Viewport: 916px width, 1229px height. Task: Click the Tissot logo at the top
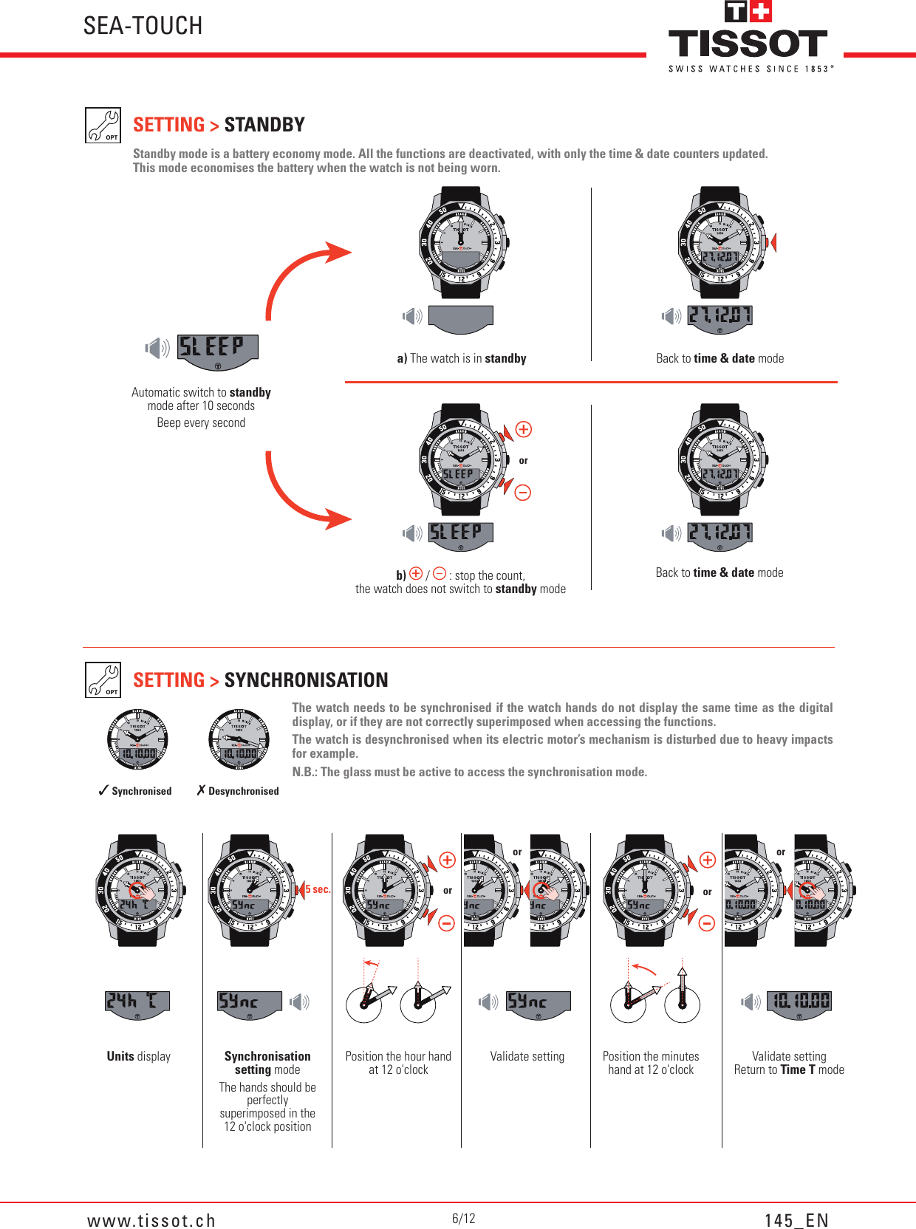pos(749,37)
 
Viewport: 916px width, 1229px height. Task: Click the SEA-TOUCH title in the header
pos(143,26)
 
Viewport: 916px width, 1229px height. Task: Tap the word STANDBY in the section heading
pos(264,125)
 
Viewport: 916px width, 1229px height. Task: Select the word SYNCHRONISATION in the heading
pos(306,679)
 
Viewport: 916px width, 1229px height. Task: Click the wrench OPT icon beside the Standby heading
pos(103,125)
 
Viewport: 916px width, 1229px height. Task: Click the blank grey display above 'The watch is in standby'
pos(460,318)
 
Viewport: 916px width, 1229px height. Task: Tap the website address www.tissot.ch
pos(151,1220)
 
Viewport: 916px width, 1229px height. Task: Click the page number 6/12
pos(464,1218)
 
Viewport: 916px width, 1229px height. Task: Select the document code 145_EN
pos(796,1220)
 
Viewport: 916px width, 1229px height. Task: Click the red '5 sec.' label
pos(318,889)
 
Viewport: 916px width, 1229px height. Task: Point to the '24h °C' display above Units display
pos(137,1002)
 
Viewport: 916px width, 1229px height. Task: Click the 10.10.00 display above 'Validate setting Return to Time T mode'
pos(799,1002)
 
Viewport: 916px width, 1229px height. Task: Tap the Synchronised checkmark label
pos(135,791)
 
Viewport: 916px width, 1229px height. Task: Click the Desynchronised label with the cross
pos(238,791)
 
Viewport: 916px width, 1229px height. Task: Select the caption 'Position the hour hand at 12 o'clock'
pos(398,1063)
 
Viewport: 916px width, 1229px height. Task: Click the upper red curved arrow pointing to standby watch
pos(303,273)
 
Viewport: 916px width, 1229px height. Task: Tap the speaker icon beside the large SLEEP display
pos(157,348)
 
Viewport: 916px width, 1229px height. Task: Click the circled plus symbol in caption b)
pos(416,574)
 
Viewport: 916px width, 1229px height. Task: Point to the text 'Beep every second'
pos(201,422)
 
